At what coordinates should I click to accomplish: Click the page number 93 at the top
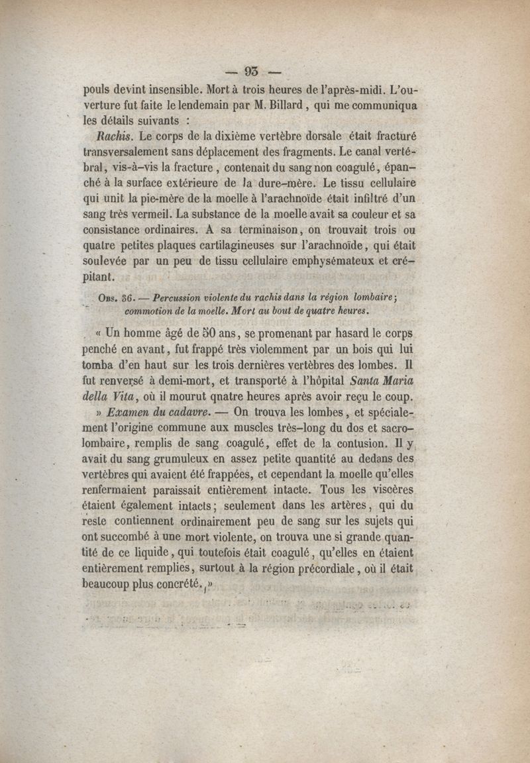pyautogui.click(x=253, y=72)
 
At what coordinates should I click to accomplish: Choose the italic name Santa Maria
pyautogui.click(x=390, y=380)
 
